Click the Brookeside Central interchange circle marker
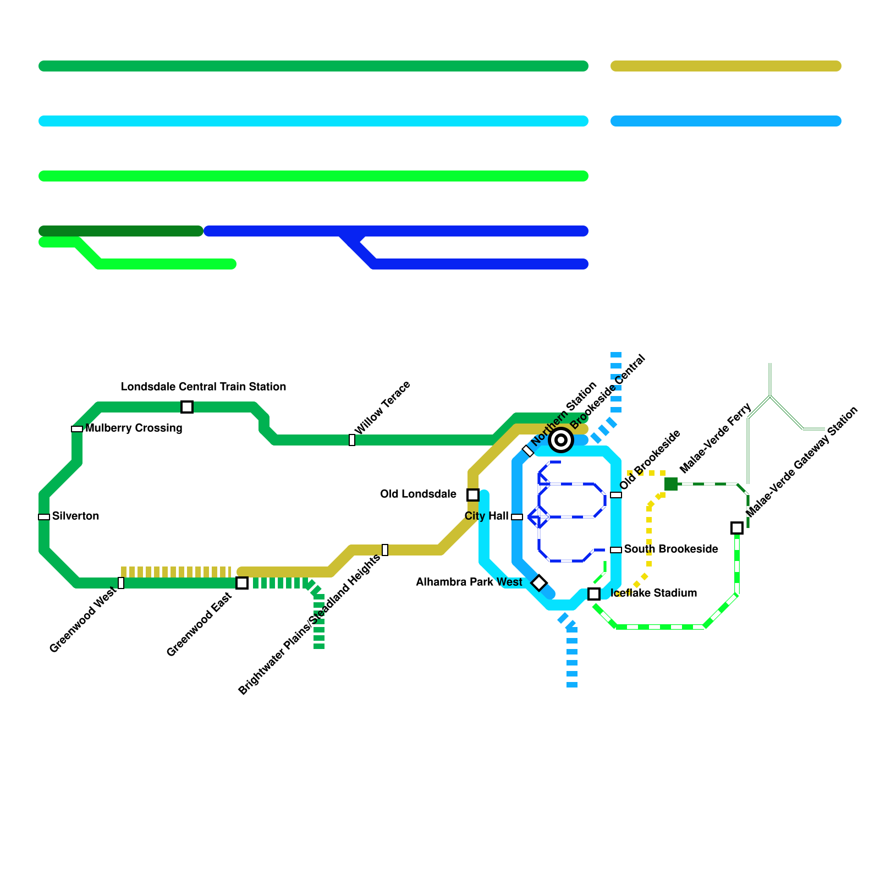pos(561,440)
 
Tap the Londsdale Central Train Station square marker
pos(187,407)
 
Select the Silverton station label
pos(75,516)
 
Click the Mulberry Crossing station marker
pos(77,429)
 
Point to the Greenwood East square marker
pos(242,583)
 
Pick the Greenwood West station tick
pos(121,583)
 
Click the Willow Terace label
pos(382,408)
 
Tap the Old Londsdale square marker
pos(473,495)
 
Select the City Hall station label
pos(486,516)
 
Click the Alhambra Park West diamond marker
pos(539,583)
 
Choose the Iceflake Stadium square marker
pos(594,594)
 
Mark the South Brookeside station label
pos(671,549)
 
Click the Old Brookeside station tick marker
pos(616,495)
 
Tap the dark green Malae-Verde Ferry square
pos(671,484)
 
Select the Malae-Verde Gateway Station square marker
pos(737,528)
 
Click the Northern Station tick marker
pos(528,451)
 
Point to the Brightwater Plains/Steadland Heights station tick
pos(385,550)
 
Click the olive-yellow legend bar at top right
pos(726,66)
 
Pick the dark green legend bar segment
pos(121,231)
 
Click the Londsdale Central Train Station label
pos(204,387)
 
